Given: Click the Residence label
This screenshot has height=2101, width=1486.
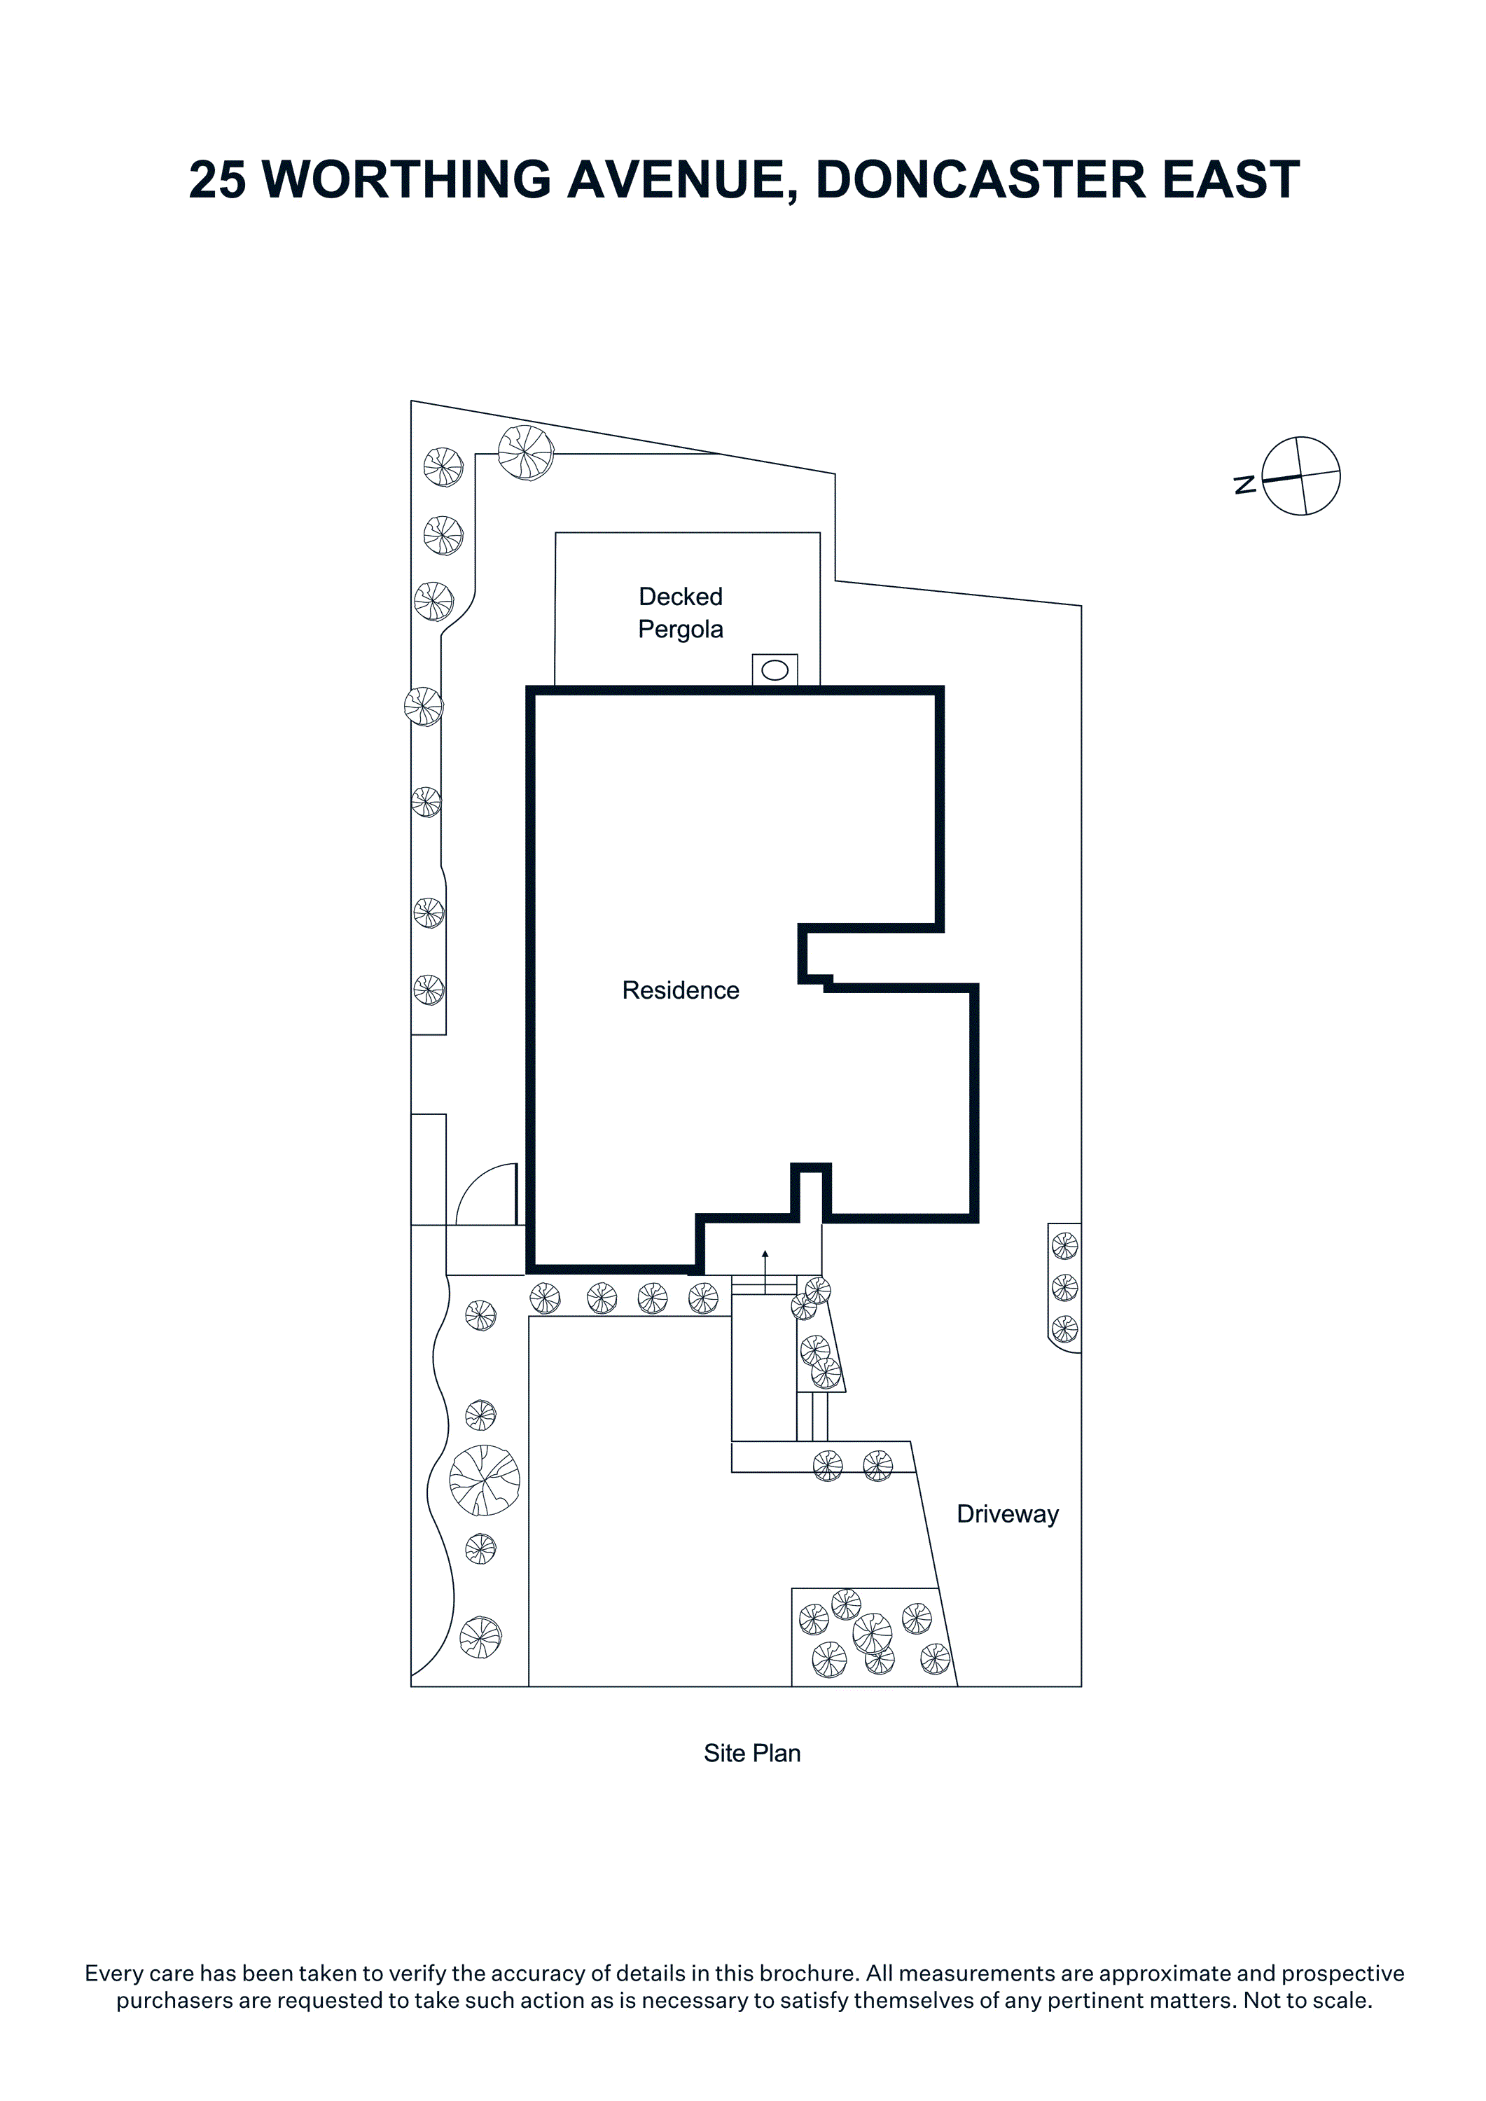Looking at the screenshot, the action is (680, 990).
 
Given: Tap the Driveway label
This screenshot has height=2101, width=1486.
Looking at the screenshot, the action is (1008, 1514).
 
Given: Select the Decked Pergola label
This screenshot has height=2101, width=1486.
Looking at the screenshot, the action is (681, 613).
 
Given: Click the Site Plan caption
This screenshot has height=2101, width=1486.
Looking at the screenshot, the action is (752, 1753).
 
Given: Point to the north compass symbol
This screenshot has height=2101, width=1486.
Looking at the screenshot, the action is (1301, 476).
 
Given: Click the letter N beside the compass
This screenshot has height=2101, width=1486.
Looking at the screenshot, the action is (1244, 485).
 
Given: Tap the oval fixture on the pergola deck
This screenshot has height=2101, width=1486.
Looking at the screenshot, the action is (775, 671).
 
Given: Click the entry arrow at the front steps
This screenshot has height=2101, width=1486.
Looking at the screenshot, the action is (765, 1272).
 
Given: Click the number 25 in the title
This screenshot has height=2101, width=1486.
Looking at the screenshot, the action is (218, 179).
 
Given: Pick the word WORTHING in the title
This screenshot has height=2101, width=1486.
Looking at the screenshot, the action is (407, 179).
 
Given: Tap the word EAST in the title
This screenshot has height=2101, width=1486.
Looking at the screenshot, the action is (1230, 179).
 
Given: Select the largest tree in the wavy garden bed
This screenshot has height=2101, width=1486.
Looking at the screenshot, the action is (485, 1480).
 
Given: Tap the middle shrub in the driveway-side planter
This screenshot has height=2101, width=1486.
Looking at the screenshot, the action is (1065, 1287).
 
